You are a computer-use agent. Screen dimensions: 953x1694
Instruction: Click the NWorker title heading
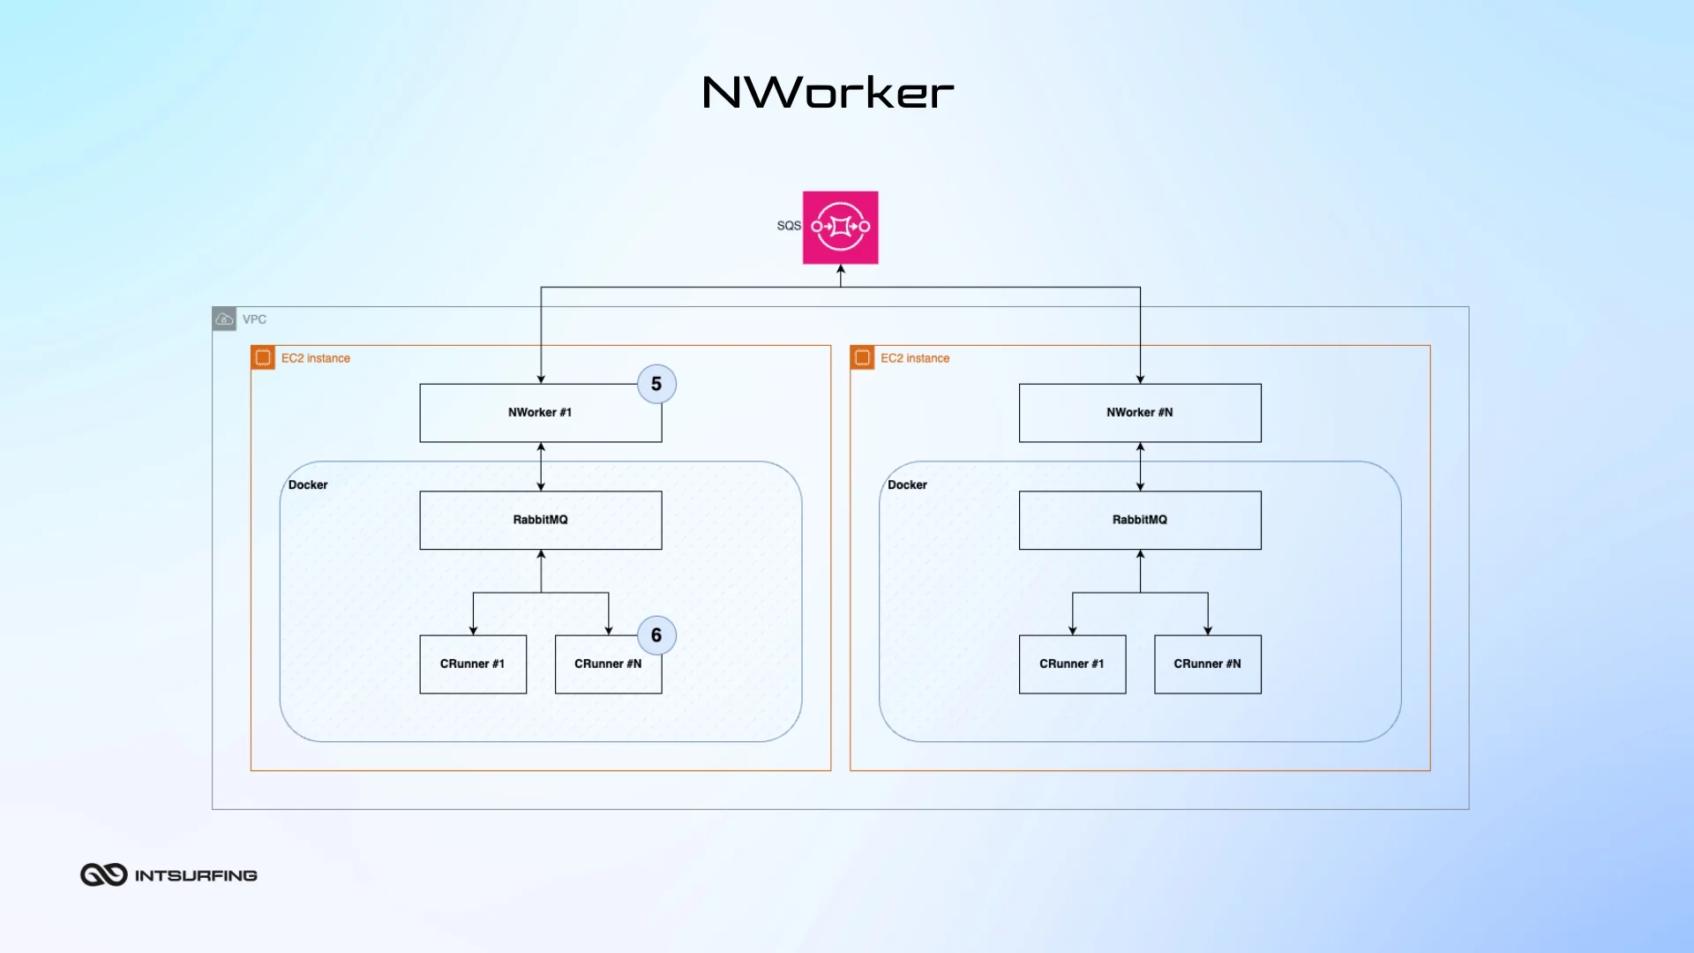point(828,93)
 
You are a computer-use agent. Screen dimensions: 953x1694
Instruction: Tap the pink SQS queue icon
point(840,227)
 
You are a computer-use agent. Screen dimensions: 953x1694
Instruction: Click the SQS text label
point(788,226)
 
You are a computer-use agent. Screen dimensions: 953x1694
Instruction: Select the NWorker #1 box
point(540,413)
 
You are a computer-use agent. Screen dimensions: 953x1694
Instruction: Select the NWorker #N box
point(1139,413)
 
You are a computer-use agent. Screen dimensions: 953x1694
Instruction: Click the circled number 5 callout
point(656,384)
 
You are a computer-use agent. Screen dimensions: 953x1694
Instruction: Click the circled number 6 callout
point(656,635)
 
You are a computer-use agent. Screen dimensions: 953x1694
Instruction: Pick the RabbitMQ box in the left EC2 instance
point(540,520)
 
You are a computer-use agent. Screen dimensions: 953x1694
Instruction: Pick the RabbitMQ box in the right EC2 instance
point(1139,520)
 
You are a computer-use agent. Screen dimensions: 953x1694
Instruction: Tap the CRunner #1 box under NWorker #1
point(473,664)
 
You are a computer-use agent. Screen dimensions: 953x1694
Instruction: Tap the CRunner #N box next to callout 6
point(608,664)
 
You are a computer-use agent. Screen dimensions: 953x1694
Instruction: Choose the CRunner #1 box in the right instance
point(1072,664)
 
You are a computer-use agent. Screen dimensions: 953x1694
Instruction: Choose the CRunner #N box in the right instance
point(1207,664)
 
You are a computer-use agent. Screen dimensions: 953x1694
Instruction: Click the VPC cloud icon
point(224,319)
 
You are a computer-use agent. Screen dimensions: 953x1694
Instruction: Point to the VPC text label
point(254,319)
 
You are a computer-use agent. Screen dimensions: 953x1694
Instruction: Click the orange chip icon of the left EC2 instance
point(263,357)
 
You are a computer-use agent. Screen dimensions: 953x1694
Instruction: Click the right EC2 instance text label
point(915,358)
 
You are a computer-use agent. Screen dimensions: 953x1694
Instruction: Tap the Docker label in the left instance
point(307,485)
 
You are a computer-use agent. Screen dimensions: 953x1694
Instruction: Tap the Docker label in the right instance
point(907,485)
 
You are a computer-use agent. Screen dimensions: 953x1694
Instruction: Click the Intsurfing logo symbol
point(104,874)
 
